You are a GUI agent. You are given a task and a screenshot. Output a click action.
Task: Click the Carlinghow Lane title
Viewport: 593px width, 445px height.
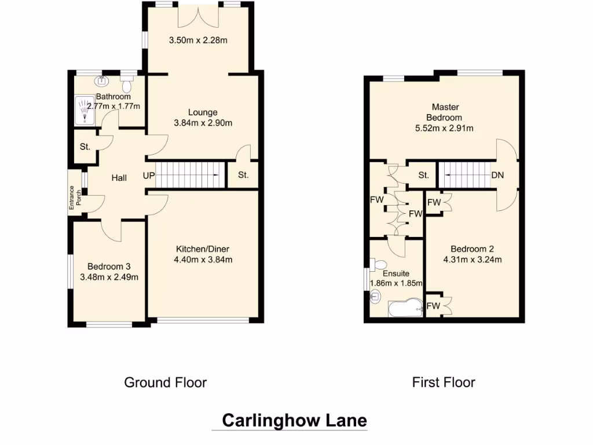pyautogui.click(x=294, y=420)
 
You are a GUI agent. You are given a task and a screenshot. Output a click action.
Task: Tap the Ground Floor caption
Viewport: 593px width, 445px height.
pyautogui.click(x=165, y=382)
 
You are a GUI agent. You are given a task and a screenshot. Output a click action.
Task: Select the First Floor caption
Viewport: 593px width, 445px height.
pyautogui.click(x=444, y=382)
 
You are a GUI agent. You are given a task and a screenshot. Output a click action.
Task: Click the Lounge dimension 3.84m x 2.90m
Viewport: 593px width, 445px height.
pyautogui.click(x=203, y=123)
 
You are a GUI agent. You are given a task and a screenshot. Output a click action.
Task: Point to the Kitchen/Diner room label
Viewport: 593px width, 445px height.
pyautogui.click(x=203, y=249)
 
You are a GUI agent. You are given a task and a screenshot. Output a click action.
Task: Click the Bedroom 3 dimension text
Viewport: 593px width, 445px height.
pyautogui.click(x=109, y=277)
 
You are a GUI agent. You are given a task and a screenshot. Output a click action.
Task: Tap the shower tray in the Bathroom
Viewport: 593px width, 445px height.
pyautogui.click(x=85, y=110)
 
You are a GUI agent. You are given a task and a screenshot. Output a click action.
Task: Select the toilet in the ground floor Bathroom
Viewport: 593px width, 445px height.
pyautogui.click(x=127, y=85)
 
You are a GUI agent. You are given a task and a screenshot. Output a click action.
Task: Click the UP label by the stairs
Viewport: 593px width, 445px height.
pyautogui.click(x=149, y=176)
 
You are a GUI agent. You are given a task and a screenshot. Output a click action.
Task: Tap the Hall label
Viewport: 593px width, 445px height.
pyautogui.click(x=119, y=178)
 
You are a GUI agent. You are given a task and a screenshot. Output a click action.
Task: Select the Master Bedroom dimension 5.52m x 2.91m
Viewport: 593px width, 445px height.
pyautogui.click(x=445, y=129)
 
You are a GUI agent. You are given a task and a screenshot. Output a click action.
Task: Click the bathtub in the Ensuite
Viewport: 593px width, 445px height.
pyautogui.click(x=405, y=308)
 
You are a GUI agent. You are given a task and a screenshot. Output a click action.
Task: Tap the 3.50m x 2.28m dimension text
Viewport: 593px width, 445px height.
pyautogui.click(x=197, y=41)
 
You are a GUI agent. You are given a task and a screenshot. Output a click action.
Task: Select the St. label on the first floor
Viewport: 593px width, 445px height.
pyautogui.click(x=423, y=175)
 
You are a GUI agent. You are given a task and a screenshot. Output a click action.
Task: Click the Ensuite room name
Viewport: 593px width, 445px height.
pyautogui.click(x=396, y=273)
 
